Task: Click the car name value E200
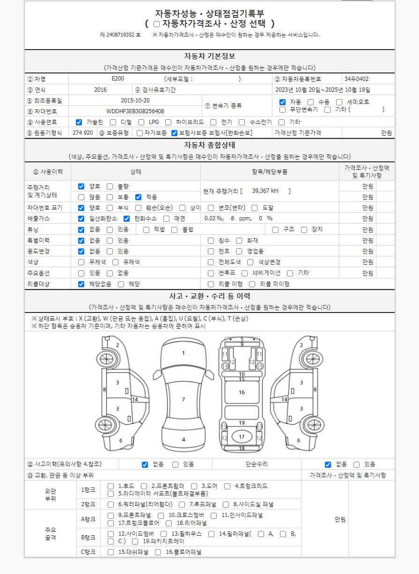point(118,79)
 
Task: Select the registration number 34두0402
point(356,79)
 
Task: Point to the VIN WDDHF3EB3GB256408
point(135,111)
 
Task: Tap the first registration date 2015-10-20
point(135,100)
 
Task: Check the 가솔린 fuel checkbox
point(79,122)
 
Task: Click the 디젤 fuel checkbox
point(113,122)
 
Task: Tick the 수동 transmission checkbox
point(311,102)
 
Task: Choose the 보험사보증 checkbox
point(174,133)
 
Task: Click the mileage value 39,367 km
point(265,191)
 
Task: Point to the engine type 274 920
point(83,133)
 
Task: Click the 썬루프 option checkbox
point(211,273)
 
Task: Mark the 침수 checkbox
point(211,240)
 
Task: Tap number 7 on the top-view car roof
point(184,400)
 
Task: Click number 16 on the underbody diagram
point(242,392)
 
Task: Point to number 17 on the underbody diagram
point(242,437)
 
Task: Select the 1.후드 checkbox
point(110,486)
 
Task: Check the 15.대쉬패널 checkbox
point(110,552)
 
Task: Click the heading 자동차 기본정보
point(209,56)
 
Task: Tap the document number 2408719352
point(120,35)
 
